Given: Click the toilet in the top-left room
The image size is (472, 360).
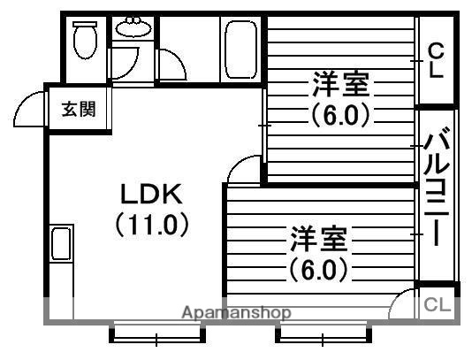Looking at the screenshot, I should pos(86,39).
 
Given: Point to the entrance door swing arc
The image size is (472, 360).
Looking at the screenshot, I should pos(29,109).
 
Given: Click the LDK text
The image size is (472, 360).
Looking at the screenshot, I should pos(150,194).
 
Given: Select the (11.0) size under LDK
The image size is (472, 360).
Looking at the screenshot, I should pos(152,225).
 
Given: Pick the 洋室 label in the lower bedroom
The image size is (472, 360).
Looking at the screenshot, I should pos(316,240).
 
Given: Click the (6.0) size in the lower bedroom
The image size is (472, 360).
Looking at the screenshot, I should pos(316,268).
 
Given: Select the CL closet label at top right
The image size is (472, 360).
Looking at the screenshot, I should pos(436,60).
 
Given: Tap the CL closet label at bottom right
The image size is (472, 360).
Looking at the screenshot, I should pos(438,305).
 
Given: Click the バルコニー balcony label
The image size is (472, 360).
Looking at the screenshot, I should pos(436,188).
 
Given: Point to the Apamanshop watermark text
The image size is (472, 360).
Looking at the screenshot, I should pos(237,312).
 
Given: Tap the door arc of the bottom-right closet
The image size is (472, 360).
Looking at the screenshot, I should pos(403,303).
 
